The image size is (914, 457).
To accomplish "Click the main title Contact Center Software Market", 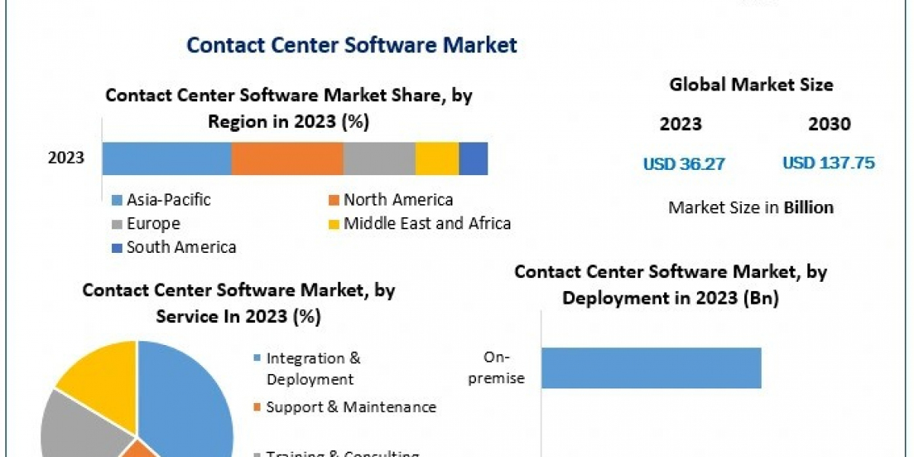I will (x=352, y=45).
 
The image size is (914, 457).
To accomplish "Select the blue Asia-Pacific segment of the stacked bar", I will (x=167, y=158).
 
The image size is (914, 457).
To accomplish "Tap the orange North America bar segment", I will (x=287, y=158).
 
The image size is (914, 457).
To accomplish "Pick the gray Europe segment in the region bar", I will (x=379, y=158).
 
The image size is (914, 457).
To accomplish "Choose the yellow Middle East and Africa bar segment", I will (x=437, y=158).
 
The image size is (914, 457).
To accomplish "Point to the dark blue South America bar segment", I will (x=473, y=158).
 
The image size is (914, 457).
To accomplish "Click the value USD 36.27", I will (x=684, y=163).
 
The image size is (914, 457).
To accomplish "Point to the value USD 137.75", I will (x=829, y=163).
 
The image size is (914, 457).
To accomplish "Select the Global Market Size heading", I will (x=751, y=85).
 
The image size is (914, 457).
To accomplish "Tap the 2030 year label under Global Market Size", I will (x=829, y=124).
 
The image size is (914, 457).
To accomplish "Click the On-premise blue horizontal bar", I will (x=651, y=368).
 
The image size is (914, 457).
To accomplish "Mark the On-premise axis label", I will (x=497, y=367).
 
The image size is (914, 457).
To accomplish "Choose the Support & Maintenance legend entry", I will (x=351, y=407).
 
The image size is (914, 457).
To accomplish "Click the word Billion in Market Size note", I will (x=808, y=207).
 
